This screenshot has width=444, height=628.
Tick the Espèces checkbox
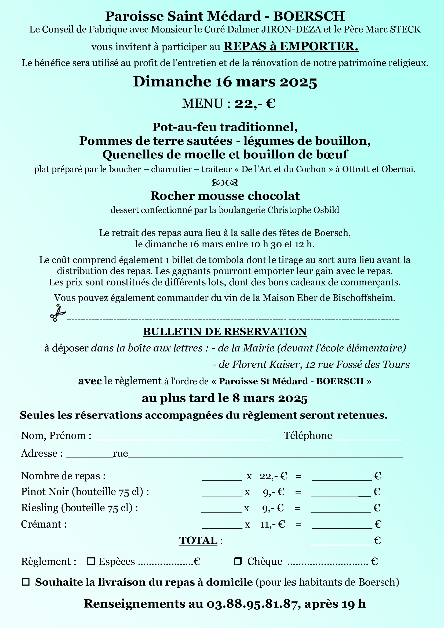[91, 561]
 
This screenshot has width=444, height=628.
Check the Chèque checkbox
[238, 561]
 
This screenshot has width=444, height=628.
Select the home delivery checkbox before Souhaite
[26, 582]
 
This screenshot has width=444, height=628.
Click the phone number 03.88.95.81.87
[252, 604]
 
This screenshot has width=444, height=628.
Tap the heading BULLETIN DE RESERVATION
[225, 332]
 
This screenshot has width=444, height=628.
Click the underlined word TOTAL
[198, 540]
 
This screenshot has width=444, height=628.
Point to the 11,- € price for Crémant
[272, 524]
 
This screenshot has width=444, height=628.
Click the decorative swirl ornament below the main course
[225, 182]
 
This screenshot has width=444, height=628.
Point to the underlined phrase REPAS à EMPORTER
[291, 46]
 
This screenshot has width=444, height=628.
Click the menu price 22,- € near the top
[255, 104]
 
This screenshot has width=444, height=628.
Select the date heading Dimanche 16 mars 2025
[225, 82]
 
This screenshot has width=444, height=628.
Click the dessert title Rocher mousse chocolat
[225, 196]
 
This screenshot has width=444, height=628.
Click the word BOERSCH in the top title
[309, 16]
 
